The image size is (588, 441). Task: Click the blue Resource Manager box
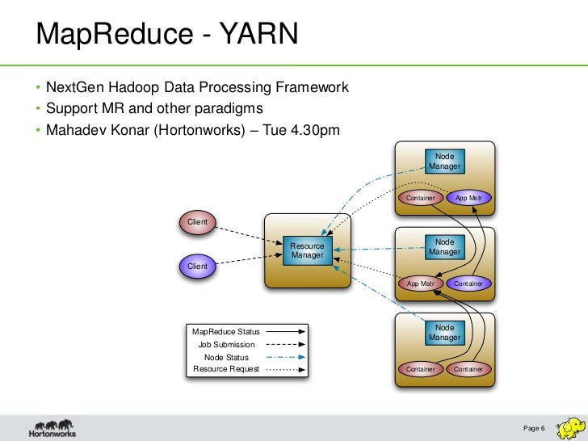coord(307,250)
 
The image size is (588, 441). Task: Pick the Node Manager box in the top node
coord(444,161)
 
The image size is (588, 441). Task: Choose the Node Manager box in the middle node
coord(444,247)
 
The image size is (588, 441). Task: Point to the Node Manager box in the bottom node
coord(444,332)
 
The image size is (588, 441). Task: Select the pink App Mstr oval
coord(421,283)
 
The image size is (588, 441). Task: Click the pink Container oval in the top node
coord(421,198)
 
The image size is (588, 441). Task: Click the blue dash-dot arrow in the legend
coord(283,357)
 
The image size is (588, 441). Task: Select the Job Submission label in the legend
coord(226,344)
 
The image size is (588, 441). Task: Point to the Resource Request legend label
coord(226,369)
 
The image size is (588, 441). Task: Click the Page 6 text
coord(535,427)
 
